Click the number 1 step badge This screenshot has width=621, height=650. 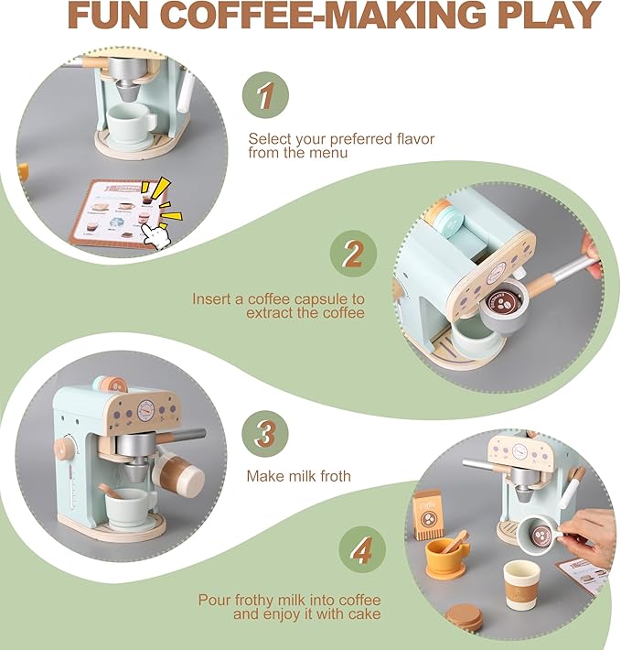[264, 96]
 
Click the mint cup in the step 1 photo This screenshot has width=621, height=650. [131, 120]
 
